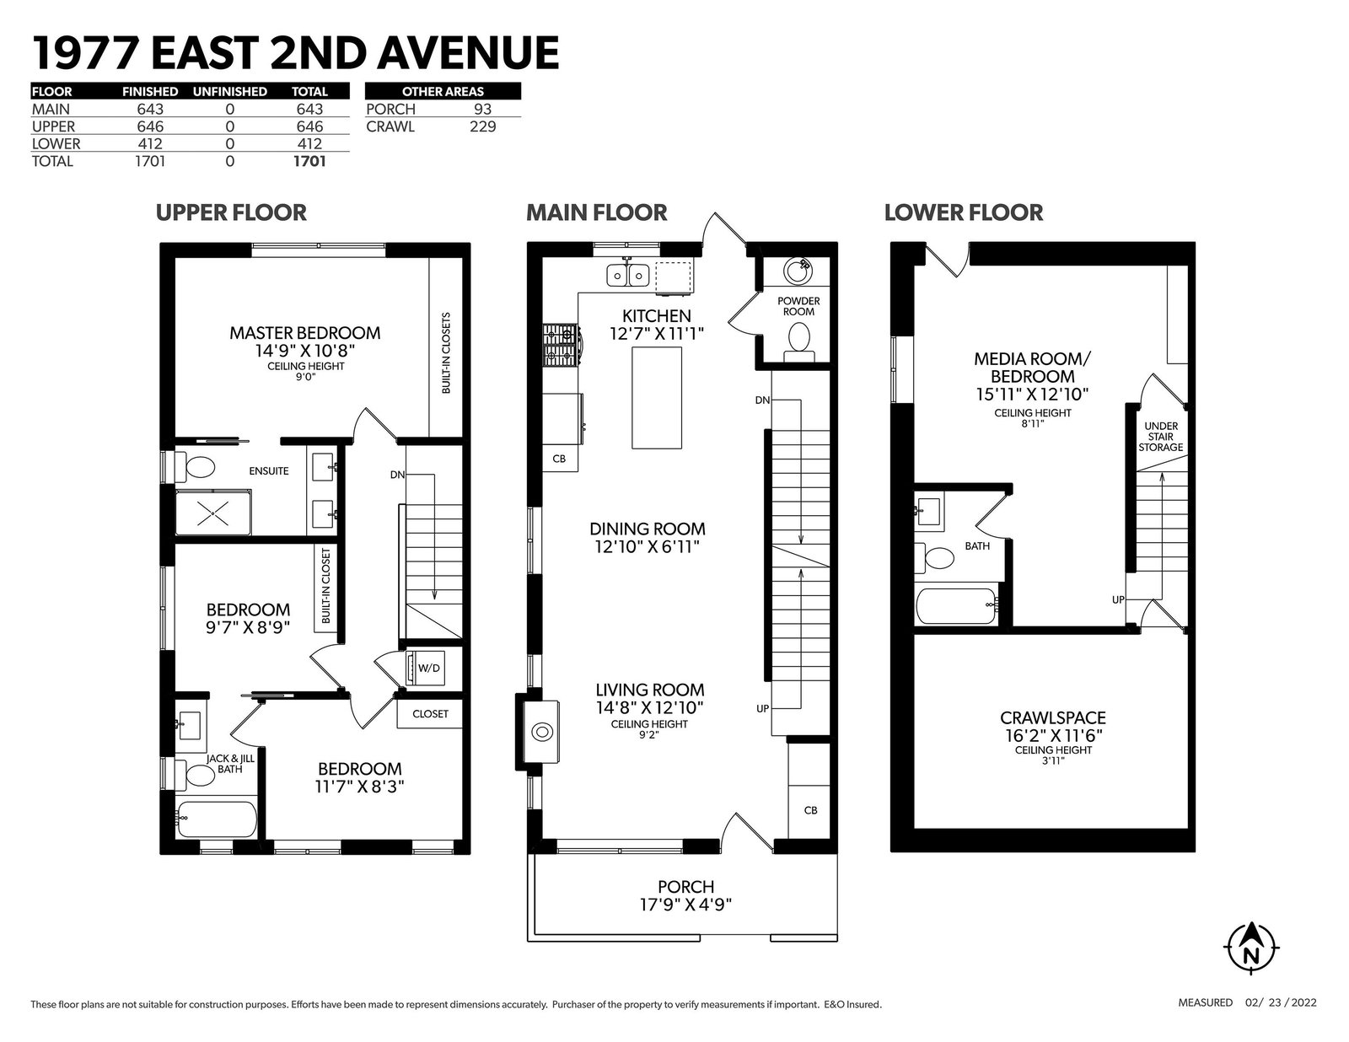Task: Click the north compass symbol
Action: coord(1251,947)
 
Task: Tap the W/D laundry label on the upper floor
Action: coord(428,668)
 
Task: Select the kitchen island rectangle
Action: coord(657,398)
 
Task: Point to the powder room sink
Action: coord(798,271)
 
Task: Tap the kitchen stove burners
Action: coord(561,345)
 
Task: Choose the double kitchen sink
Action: coord(628,274)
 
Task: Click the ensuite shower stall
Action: coord(213,513)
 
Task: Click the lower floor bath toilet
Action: coord(934,557)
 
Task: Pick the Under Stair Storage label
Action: coord(1160,437)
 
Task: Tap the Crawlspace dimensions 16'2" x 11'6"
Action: coord(1053,735)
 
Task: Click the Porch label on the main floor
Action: coord(686,886)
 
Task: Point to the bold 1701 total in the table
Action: coord(309,161)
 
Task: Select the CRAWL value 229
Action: coord(482,126)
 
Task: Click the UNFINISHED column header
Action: coord(229,92)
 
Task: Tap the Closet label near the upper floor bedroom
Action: coord(430,714)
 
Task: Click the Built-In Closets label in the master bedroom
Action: coord(446,352)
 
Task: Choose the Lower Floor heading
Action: coord(964,212)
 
